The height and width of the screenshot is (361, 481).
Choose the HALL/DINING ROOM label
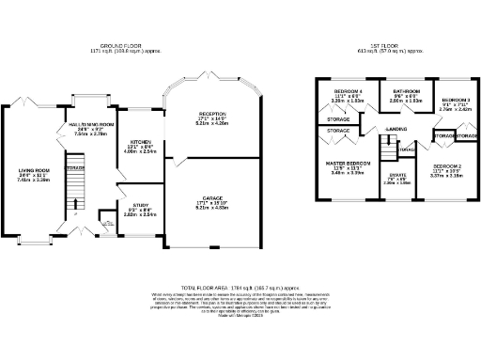[90, 123]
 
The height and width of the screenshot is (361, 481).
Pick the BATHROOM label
[396, 94]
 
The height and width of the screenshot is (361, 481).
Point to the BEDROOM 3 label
[457, 101]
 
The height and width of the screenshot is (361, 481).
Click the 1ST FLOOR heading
[396, 45]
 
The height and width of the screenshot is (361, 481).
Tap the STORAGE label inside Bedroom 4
[338, 120]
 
